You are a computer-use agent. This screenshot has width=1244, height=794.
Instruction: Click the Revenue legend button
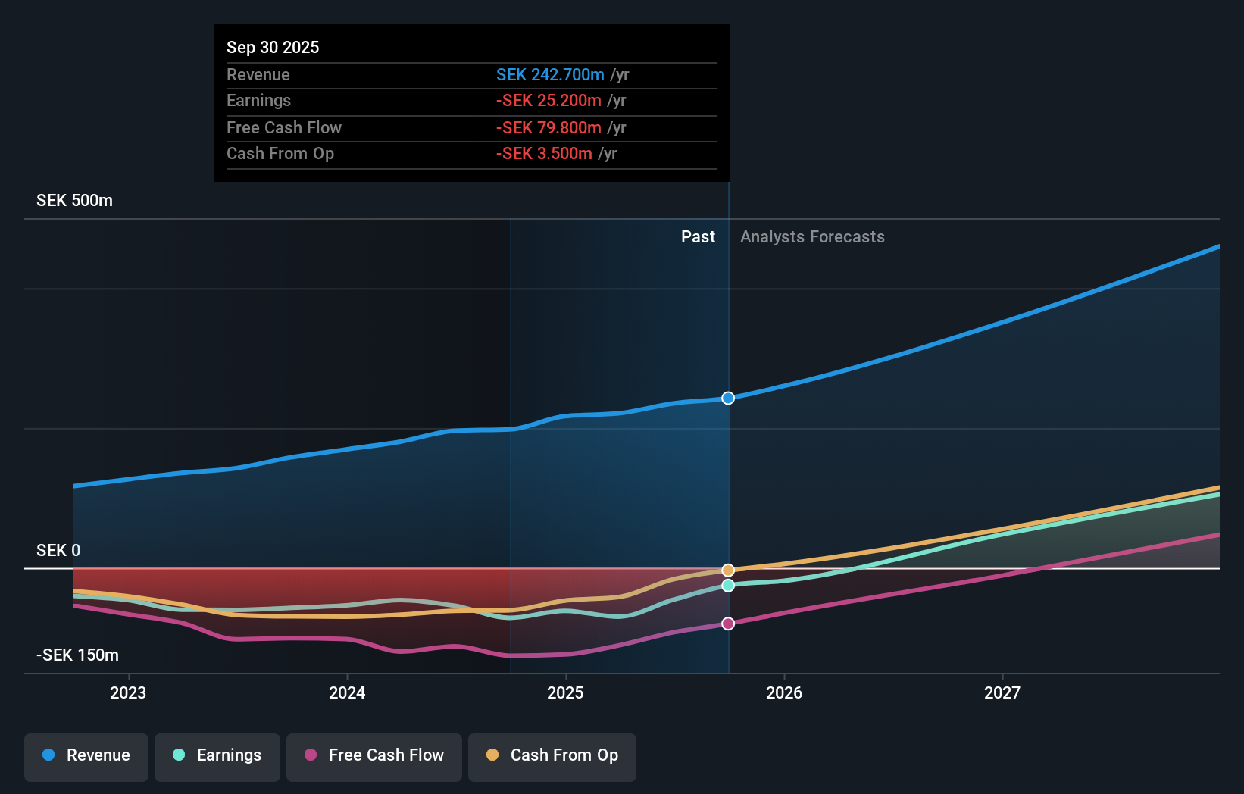[x=86, y=756]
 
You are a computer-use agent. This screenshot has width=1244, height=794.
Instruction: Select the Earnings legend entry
[x=217, y=756]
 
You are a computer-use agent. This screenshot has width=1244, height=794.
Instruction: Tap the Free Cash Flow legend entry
[x=374, y=756]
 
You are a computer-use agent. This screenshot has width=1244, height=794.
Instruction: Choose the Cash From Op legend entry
[x=552, y=756]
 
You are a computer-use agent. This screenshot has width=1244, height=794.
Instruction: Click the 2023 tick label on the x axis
[x=128, y=693]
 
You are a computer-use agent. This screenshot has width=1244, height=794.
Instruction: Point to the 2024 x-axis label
[x=347, y=693]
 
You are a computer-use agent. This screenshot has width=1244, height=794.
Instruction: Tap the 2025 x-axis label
[x=565, y=693]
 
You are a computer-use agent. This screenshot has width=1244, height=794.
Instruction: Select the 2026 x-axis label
[x=784, y=693]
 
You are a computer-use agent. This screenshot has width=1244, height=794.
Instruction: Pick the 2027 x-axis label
[x=1002, y=693]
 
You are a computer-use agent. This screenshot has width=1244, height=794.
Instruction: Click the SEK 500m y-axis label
[x=74, y=201]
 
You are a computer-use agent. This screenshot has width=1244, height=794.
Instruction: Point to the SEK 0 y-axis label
[x=58, y=551]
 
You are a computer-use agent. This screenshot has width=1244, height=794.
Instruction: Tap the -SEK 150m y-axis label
[x=77, y=655]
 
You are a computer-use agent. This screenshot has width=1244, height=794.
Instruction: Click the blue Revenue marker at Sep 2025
[x=728, y=399]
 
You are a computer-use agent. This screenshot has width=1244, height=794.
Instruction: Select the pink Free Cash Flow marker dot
[x=728, y=624]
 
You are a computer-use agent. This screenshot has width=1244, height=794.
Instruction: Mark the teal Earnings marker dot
[x=728, y=586]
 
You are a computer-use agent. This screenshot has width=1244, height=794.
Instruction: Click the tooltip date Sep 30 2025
[x=273, y=48]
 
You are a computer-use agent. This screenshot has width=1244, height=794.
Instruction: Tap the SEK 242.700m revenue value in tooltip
[x=550, y=75]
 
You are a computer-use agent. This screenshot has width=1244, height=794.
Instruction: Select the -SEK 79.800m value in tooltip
[x=549, y=128]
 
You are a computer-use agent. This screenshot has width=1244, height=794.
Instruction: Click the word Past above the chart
[x=698, y=237]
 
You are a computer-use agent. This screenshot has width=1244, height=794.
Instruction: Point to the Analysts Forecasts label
[x=812, y=237]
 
